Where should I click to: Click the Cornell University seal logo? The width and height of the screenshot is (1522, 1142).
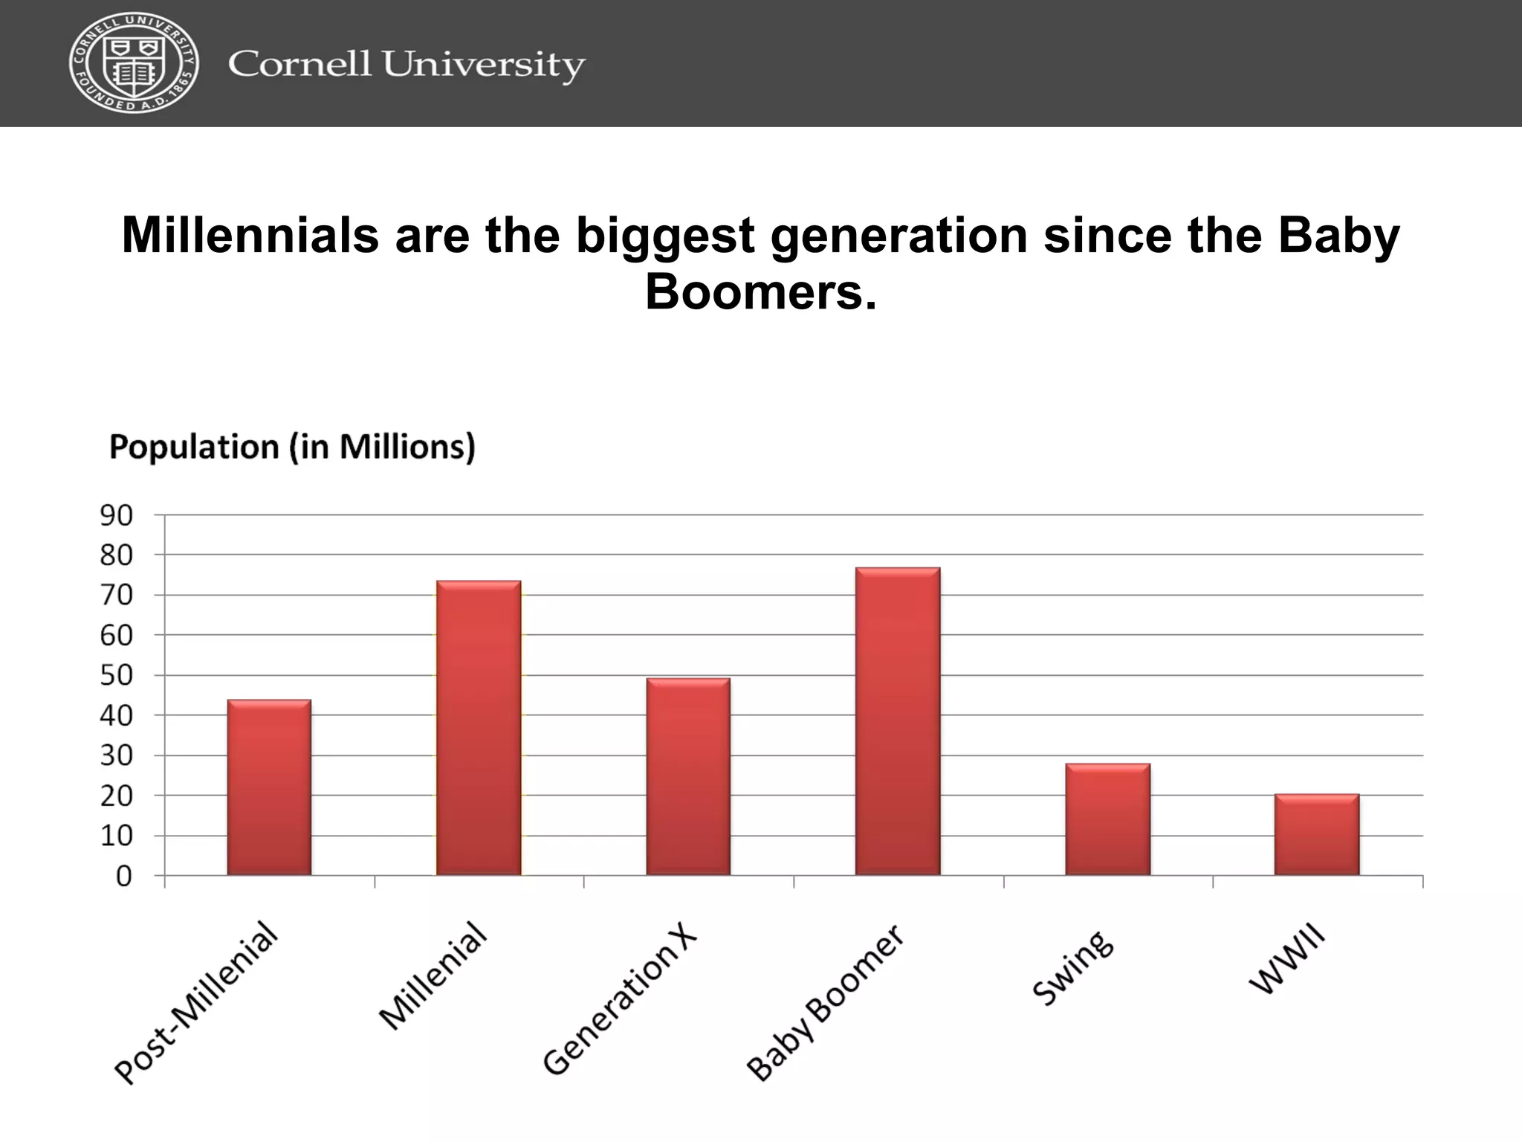click(134, 62)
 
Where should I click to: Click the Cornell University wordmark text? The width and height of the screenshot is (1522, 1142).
click(407, 65)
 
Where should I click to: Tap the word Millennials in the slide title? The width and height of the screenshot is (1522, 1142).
click(250, 235)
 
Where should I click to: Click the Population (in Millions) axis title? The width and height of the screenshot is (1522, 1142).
click(292, 448)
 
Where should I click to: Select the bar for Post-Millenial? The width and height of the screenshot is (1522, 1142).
click(269, 787)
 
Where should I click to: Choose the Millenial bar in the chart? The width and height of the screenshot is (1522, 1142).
click(479, 728)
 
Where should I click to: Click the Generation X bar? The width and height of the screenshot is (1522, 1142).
click(688, 776)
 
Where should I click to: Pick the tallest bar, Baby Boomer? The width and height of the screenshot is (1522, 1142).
click(898, 721)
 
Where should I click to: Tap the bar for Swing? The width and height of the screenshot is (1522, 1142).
click(1107, 819)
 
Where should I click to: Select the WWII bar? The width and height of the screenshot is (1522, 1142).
click(1317, 834)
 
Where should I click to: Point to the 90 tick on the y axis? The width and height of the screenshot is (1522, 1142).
click(117, 515)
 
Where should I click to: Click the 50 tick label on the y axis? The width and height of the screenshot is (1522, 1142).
click(117, 675)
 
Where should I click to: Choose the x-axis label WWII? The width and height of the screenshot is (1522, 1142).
click(1286, 959)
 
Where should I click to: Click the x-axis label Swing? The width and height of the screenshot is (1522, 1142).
click(1073, 968)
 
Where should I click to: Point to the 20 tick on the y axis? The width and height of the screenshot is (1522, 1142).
click(117, 796)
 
